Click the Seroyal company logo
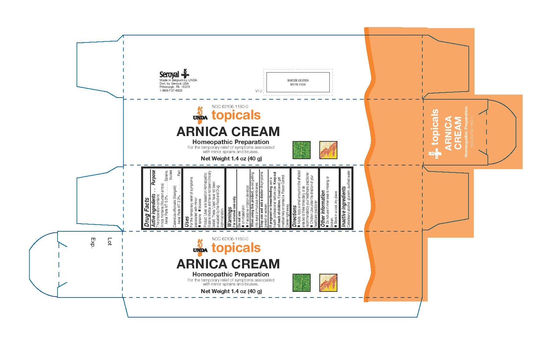click(x=174, y=75)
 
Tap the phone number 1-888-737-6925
click(x=171, y=91)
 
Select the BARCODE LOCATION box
click(x=298, y=82)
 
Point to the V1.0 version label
click(x=258, y=91)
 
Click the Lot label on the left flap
click(x=109, y=241)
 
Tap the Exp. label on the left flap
click(x=93, y=243)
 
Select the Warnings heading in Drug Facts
click(x=229, y=217)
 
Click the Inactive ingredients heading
click(x=343, y=207)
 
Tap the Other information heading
click(x=323, y=209)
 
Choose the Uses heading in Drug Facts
click(x=186, y=222)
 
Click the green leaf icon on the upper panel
click(x=301, y=150)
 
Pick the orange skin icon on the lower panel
click(x=328, y=283)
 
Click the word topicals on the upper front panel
click(x=236, y=115)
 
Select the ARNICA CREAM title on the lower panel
click(x=228, y=264)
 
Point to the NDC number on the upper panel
click(x=230, y=106)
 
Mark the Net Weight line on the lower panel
click(x=231, y=291)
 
